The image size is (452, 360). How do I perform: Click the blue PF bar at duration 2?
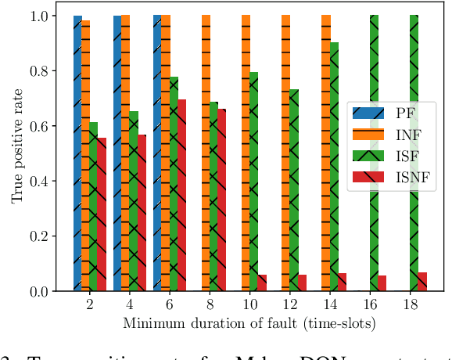coord(77,153)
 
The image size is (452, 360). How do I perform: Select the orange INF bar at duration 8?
coord(206,153)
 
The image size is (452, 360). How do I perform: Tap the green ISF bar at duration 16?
coord(374,153)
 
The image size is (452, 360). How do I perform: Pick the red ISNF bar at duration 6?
coord(181,196)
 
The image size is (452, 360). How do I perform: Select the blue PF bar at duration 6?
coord(157,153)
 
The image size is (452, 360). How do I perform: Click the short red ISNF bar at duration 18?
coord(422,282)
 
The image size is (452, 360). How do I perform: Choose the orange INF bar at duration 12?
coord(285,153)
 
